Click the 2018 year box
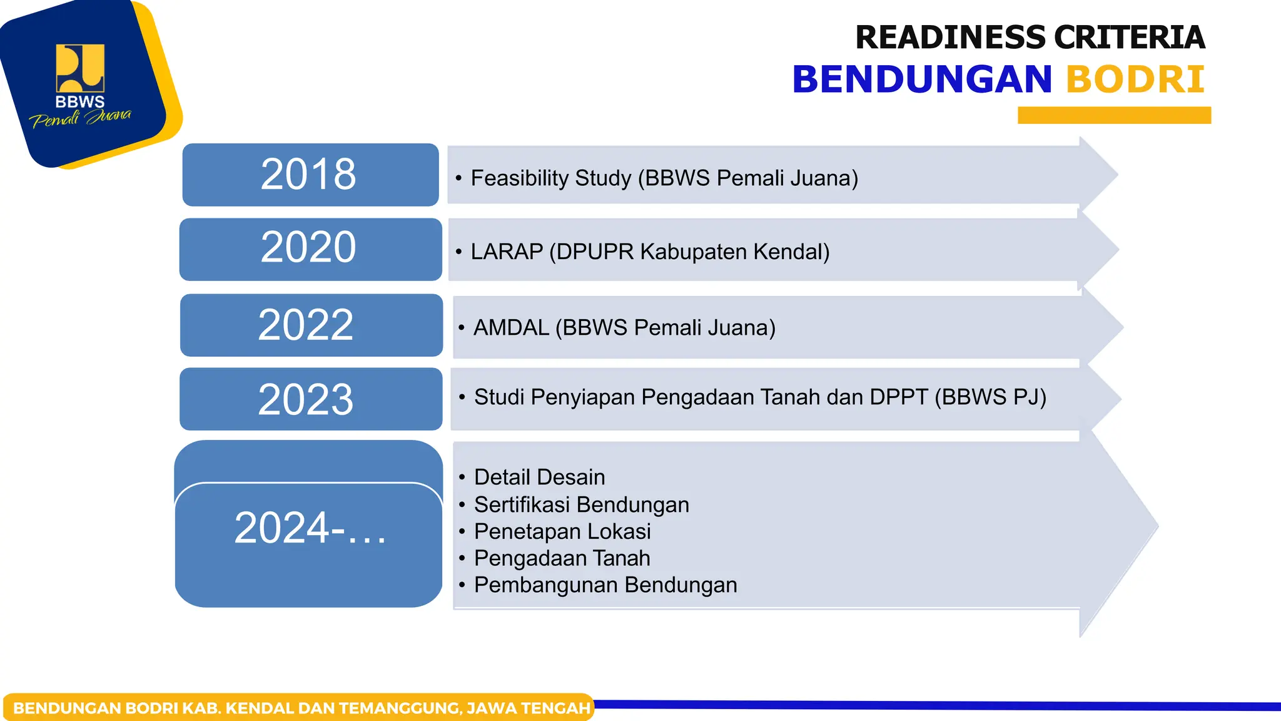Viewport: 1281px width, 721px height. tap(310, 175)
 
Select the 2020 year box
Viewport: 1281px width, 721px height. tap(310, 249)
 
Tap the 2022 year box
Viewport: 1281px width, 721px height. tap(311, 325)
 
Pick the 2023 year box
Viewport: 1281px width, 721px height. tap(311, 399)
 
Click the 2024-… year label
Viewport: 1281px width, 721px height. tap(310, 528)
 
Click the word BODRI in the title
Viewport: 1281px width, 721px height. tap(1135, 79)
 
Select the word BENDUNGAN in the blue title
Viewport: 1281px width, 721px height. tap(923, 79)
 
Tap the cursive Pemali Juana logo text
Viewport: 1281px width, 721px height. tap(81, 118)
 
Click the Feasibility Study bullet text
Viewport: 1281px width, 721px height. tap(664, 178)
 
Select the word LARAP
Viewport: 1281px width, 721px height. tap(507, 252)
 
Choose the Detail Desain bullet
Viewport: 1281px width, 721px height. tap(539, 477)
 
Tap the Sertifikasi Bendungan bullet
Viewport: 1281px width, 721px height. tap(582, 504)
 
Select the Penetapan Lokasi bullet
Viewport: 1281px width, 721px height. tap(562, 531)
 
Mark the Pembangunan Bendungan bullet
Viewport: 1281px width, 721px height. tap(605, 585)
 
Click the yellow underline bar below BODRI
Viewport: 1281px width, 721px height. tap(1114, 115)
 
